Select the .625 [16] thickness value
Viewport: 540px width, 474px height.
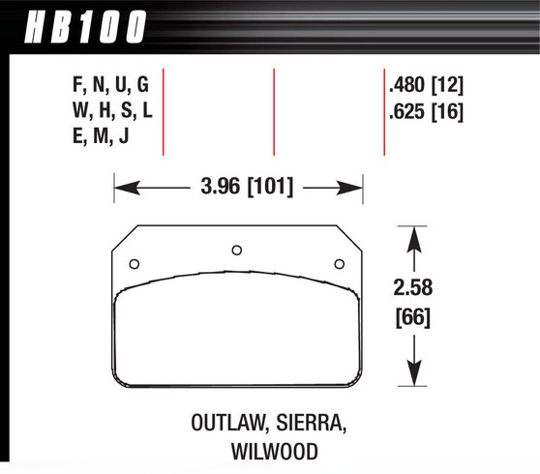click(x=425, y=111)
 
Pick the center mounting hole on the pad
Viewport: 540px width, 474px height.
click(x=237, y=250)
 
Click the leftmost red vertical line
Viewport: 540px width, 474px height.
click(x=165, y=111)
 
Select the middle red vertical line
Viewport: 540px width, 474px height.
click(x=275, y=111)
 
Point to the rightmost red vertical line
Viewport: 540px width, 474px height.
click(x=384, y=111)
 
